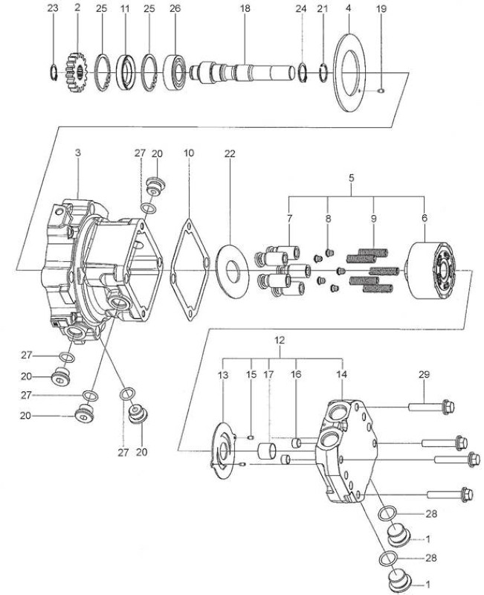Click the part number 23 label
tap(53, 8)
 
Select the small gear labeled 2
tap(77, 72)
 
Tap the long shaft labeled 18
tap(242, 71)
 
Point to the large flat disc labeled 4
tap(349, 73)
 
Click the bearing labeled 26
tap(175, 72)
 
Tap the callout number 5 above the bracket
tap(351, 178)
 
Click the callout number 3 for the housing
tap(78, 153)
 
